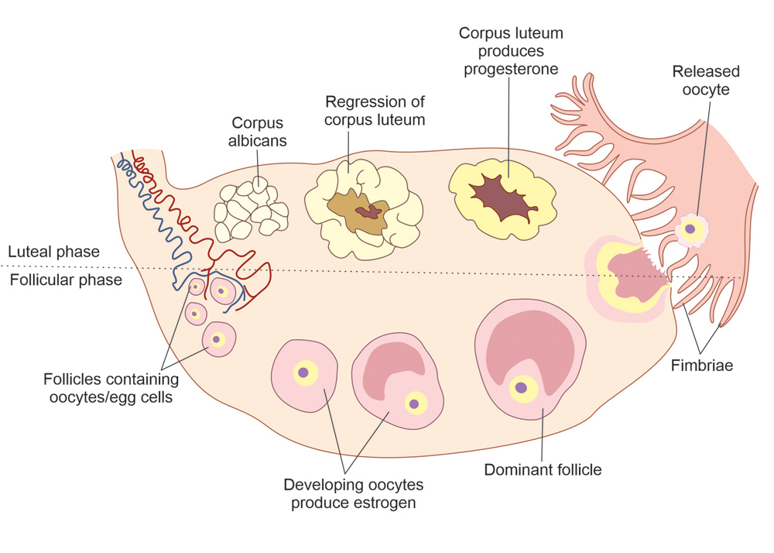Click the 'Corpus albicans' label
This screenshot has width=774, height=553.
coord(259,132)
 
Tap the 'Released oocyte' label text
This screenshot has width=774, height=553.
coord(705,81)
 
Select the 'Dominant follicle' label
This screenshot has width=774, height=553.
coord(542,469)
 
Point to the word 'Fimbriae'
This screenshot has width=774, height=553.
coord(702,366)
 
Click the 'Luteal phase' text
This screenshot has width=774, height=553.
coord(53,252)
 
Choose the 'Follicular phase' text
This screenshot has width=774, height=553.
coord(65,280)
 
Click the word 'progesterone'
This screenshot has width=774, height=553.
coord(510,70)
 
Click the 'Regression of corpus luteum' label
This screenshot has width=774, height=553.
coord(375,111)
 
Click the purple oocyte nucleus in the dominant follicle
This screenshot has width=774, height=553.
coord(522,387)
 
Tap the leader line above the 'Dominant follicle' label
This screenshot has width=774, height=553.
coord(542,434)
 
